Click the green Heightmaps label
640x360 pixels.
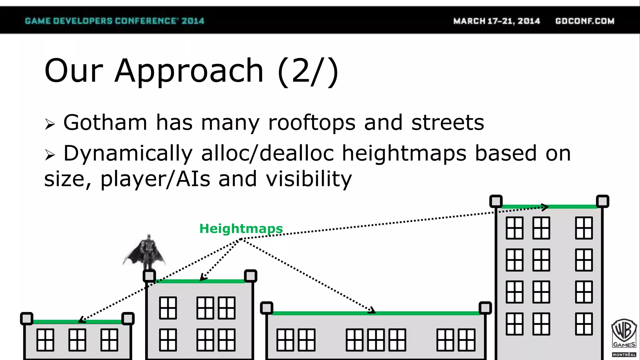(241, 228)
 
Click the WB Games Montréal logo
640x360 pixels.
(624, 337)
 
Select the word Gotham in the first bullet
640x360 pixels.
(105, 122)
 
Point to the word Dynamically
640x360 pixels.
(128, 153)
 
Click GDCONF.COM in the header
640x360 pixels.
(585, 21)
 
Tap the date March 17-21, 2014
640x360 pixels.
(497, 21)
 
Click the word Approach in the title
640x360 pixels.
(189, 71)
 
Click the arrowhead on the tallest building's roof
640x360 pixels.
(545, 207)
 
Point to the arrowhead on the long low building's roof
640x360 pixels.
(372, 311)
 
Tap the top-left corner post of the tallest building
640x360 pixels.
(496, 201)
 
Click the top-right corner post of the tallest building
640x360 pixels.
(602, 201)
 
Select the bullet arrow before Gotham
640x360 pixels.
(50, 124)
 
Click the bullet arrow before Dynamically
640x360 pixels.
(50, 155)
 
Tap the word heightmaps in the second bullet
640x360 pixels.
(404, 153)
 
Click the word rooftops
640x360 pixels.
(312, 122)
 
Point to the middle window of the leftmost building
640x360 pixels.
(77, 340)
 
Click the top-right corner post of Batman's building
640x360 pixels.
(251, 276)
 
